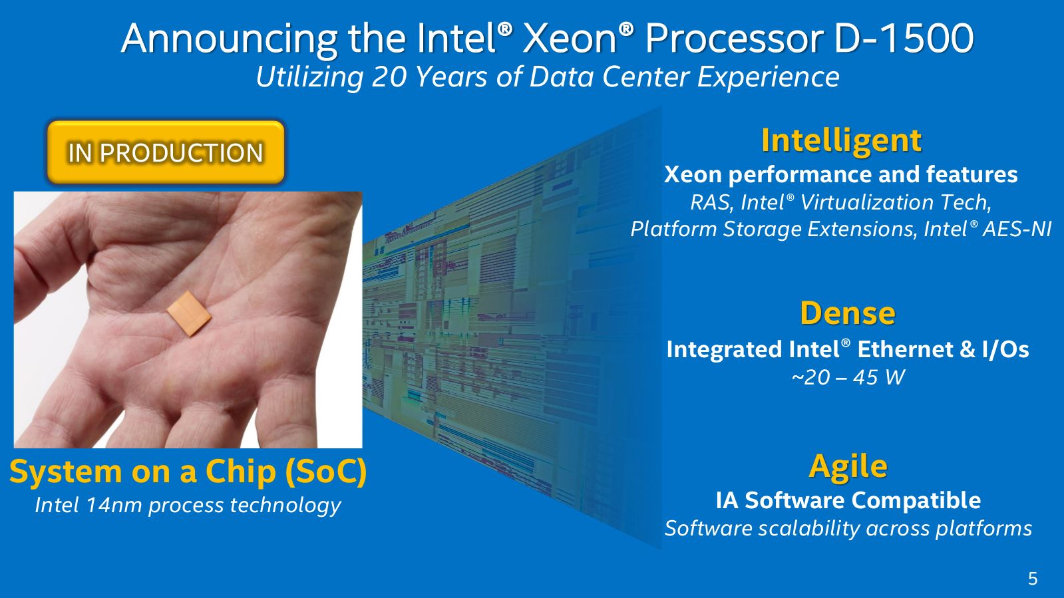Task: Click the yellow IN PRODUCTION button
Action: click(x=166, y=152)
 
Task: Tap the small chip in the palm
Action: click(x=189, y=313)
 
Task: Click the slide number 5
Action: click(x=1033, y=579)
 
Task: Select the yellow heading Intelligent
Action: click(x=841, y=140)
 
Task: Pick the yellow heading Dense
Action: click(x=847, y=313)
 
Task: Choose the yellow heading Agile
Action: click(x=848, y=466)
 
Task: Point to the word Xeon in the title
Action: click(x=570, y=39)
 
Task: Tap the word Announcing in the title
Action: click(x=230, y=39)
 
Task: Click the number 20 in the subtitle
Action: click(x=389, y=76)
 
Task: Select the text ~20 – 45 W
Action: click(x=848, y=378)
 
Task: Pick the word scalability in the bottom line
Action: click(x=809, y=529)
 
